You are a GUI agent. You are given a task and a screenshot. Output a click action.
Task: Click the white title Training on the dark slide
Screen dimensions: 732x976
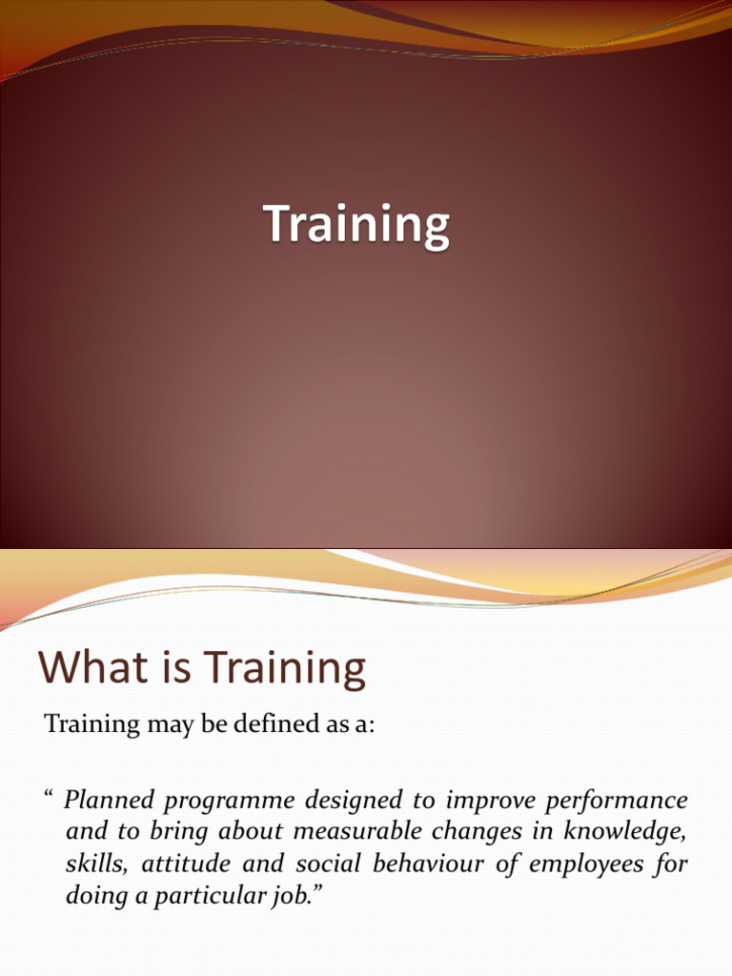(x=356, y=226)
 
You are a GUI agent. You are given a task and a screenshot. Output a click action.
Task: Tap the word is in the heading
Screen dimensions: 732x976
(x=177, y=666)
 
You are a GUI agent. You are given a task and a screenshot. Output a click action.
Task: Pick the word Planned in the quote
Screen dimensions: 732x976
(x=109, y=800)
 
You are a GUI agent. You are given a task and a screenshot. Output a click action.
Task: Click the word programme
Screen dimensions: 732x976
(x=229, y=802)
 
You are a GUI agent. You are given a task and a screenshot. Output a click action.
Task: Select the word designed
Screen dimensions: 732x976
(x=353, y=801)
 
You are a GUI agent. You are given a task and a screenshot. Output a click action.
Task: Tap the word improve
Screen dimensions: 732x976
(x=490, y=802)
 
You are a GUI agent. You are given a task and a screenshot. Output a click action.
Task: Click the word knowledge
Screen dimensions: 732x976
(x=624, y=833)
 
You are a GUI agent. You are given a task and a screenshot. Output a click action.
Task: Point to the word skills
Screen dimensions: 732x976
(x=96, y=864)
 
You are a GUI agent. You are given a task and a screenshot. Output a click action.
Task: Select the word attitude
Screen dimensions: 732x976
(x=186, y=864)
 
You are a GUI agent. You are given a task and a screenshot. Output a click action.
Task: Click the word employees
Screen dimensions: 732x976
(x=586, y=865)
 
